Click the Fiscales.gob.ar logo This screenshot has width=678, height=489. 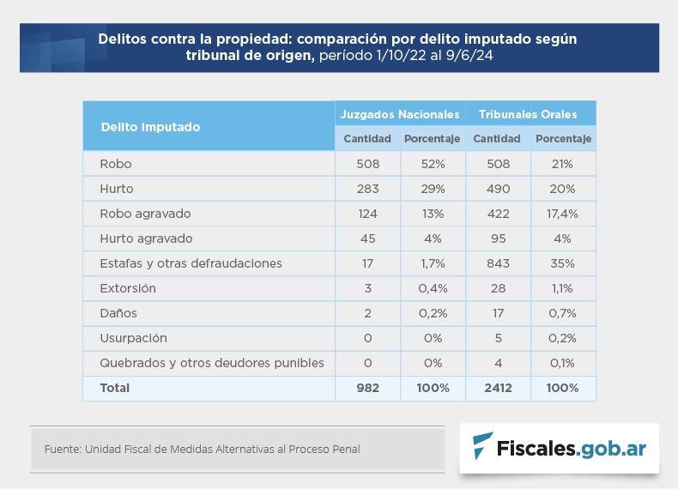[559, 447]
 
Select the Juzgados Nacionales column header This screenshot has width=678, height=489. [400, 114]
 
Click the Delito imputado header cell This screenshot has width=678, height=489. [150, 127]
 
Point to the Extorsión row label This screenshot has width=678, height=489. [128, 288]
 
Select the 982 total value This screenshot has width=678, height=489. [367, 388]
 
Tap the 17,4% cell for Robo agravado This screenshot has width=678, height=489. [562, 214]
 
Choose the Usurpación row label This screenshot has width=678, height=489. [133, 338]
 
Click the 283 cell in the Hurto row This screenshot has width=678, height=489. [367, 189]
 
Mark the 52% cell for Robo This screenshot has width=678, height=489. [432, 164]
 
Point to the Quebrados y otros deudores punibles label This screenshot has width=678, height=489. [212, 363]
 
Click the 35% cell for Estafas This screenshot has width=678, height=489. [562, 263]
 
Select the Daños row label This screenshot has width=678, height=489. [118, 313]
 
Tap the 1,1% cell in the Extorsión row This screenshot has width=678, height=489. [562, 288]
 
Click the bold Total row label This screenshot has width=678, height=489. [115, 388]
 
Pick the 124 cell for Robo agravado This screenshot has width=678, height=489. [367, 214]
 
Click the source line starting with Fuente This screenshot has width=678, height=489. [202, 449]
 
